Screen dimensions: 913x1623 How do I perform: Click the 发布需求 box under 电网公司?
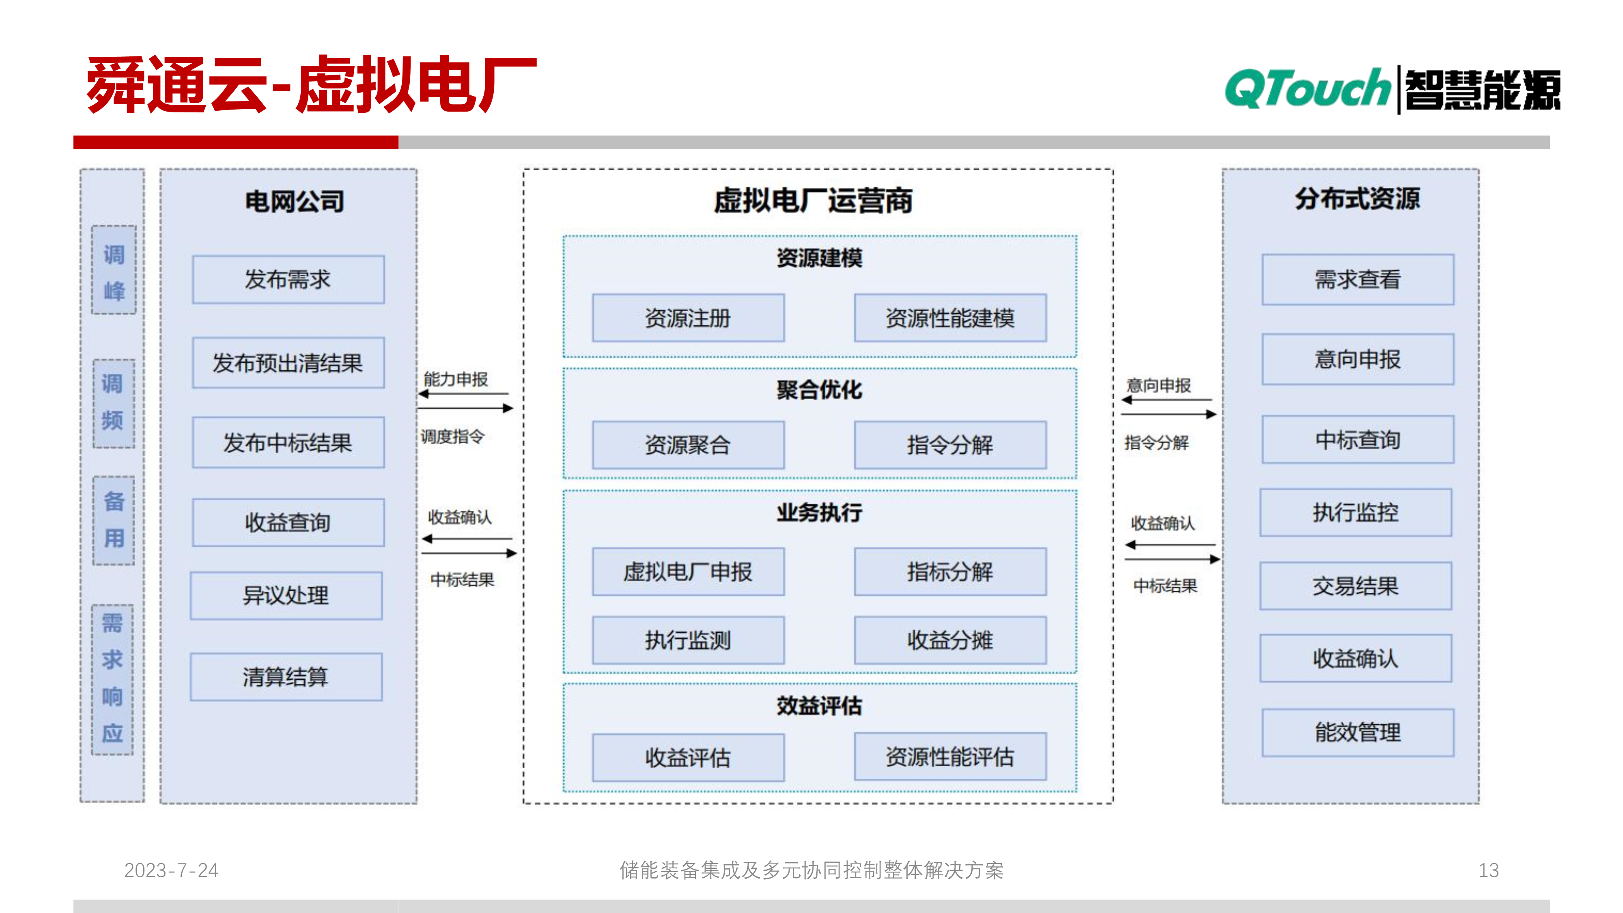(288, 280)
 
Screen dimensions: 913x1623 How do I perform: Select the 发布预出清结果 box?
(288, 363)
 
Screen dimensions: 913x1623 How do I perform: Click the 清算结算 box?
(286, 677)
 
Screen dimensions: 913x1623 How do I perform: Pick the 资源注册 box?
(688, 318)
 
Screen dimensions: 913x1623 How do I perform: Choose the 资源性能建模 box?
(950, 318)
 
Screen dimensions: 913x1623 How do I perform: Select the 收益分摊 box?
(950, 641)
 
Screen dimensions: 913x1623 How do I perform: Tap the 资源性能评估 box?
(950, 757)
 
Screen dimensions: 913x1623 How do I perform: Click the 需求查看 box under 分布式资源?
(1358, 280)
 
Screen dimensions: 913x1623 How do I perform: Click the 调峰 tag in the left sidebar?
(114, 271)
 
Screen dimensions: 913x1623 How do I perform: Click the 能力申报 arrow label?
(456, 379)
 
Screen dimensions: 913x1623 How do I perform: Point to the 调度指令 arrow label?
(452, 436)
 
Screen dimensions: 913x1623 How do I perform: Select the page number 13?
(1488, 870)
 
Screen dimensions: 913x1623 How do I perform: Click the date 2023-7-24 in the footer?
(171, 870)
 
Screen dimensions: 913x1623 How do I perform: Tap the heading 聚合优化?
(819, 390)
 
